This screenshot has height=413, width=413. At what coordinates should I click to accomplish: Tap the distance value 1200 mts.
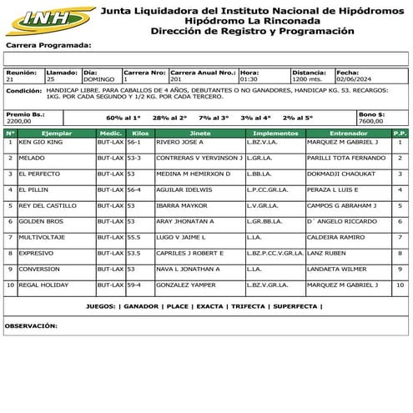tap(308, 78)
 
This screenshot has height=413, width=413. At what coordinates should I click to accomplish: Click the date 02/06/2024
tap(351, 78)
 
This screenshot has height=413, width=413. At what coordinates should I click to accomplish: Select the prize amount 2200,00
tap(19, 120)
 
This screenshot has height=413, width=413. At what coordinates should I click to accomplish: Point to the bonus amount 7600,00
tap(371, 120)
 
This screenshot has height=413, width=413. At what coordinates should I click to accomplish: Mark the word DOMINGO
tap(100, 78)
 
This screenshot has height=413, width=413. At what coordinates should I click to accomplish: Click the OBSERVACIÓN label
tap(35, 325)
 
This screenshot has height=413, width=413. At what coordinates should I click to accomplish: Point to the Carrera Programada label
tap(48, 45)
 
